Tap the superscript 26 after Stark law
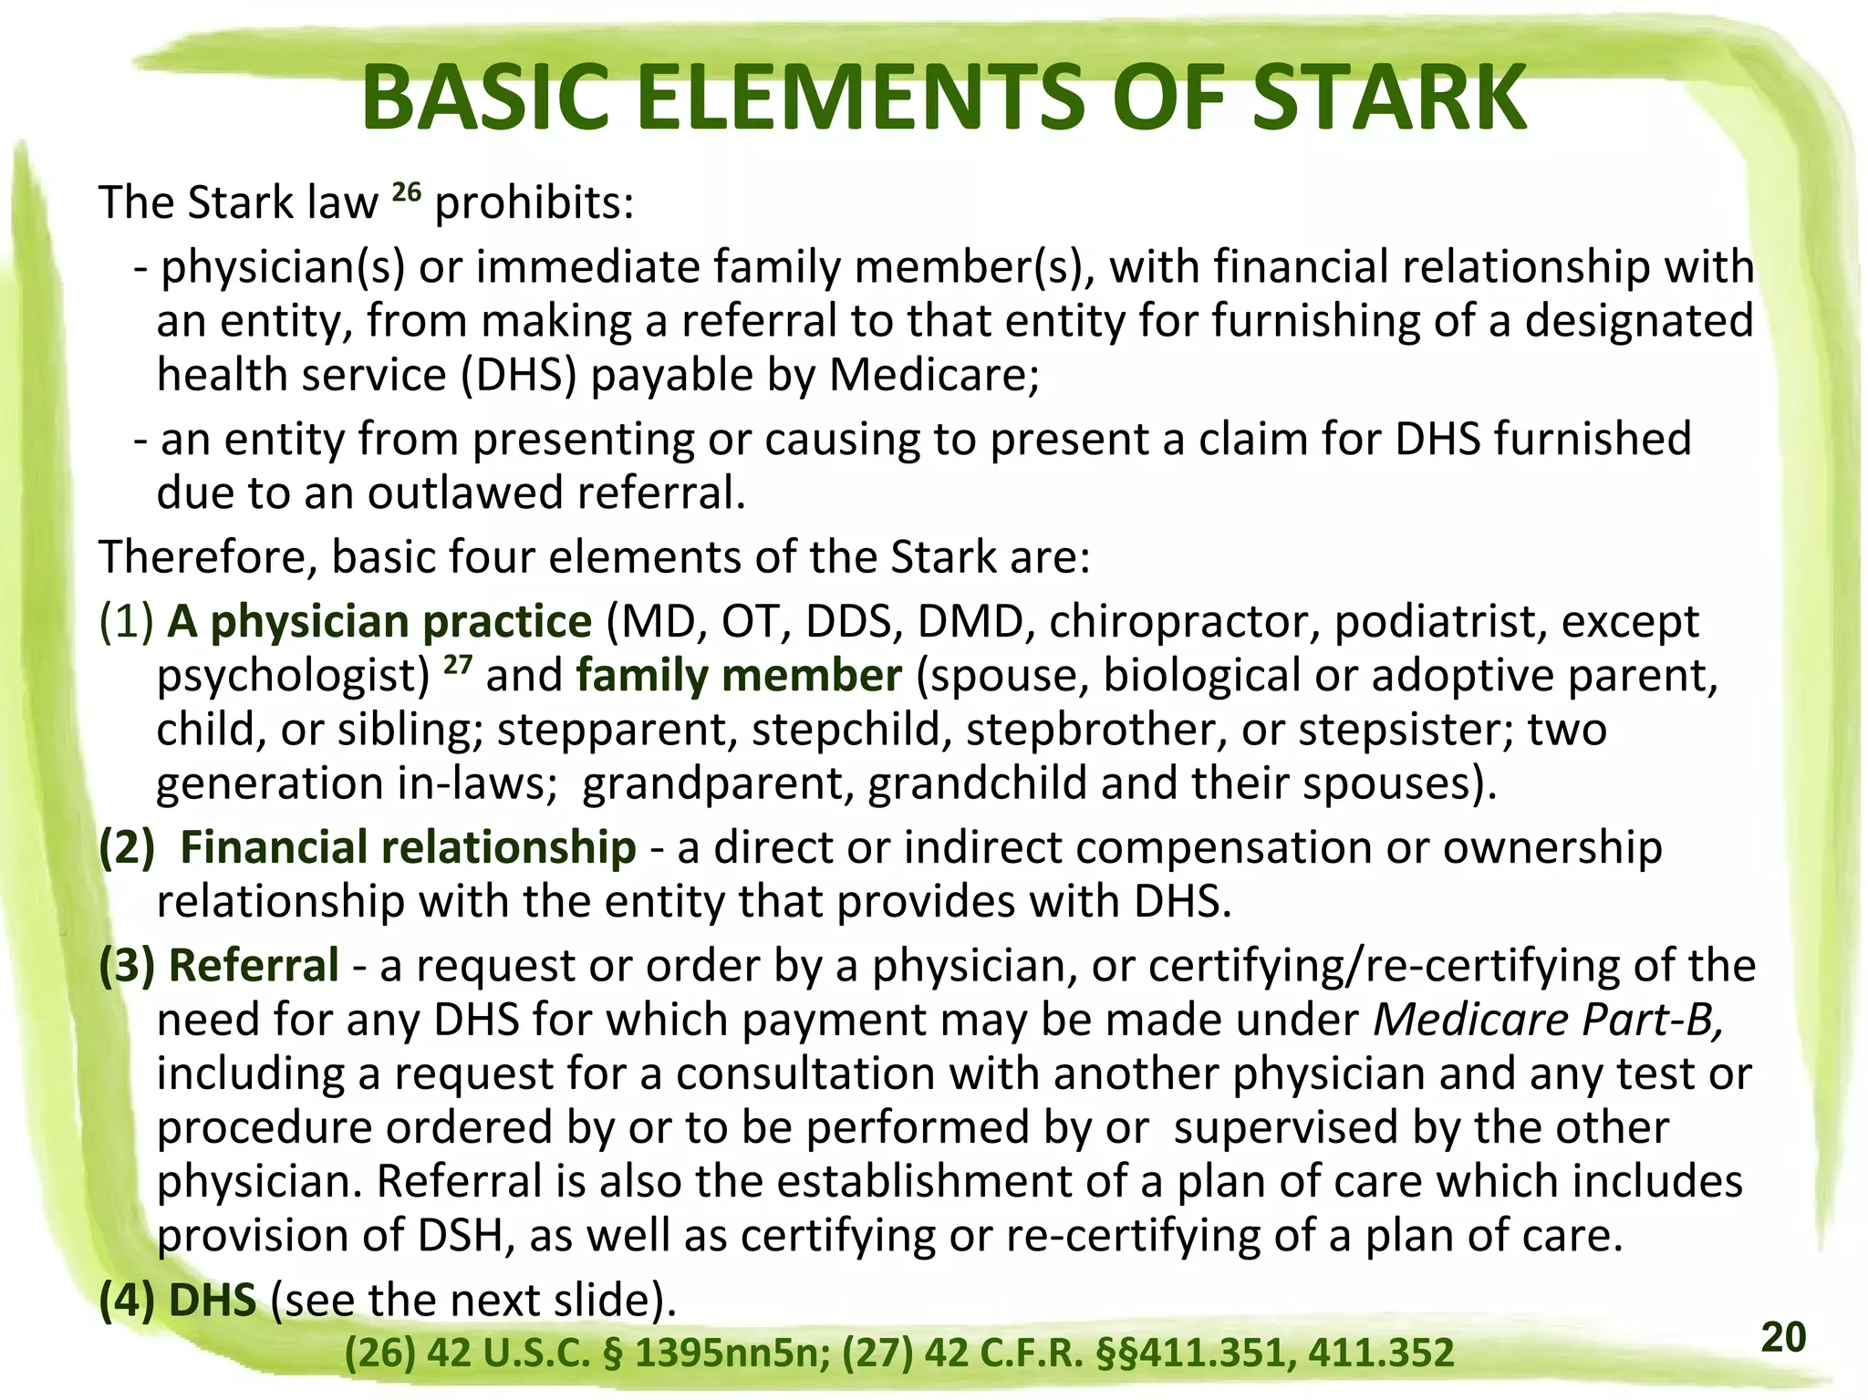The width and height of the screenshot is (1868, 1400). pos(406,192)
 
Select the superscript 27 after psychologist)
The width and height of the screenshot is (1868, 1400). pos(458,664)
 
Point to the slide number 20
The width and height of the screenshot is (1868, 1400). pos(1783,1337)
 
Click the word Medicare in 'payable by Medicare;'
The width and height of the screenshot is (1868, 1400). pos(933,375)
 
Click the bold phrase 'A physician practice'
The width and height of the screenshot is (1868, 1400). pos(380,622)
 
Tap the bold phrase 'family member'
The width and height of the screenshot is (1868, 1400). pos(739,676)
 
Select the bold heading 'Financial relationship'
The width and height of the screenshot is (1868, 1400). pos(408,847)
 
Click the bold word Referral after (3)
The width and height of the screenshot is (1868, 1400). pos(254,966)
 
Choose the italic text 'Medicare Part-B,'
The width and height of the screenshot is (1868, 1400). pos(1549,1020)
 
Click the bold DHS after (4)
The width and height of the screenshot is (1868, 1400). pos(213,1301)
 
